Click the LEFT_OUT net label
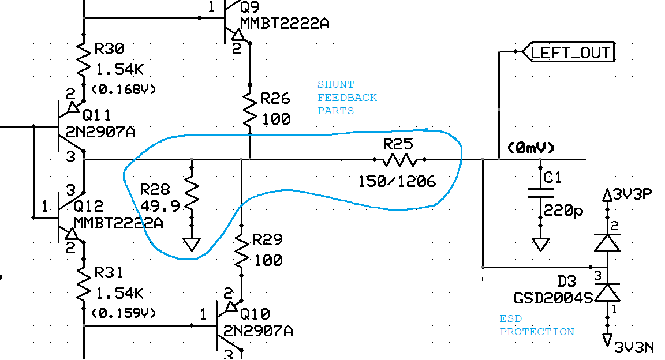pos(570,52)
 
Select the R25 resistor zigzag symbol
pos(399,159)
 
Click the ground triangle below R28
pos(192,245)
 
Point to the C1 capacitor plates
pos(540,193)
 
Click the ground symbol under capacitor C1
pos(540,244)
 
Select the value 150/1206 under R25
pos(397,181)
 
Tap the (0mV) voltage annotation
pos(530,148)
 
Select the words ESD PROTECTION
pos(537,325)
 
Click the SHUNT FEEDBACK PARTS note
pos(347,97)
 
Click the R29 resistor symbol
pos(241,249)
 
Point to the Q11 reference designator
pos(96,114)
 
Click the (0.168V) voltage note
pos(124,89)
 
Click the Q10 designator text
pos(255,314)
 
